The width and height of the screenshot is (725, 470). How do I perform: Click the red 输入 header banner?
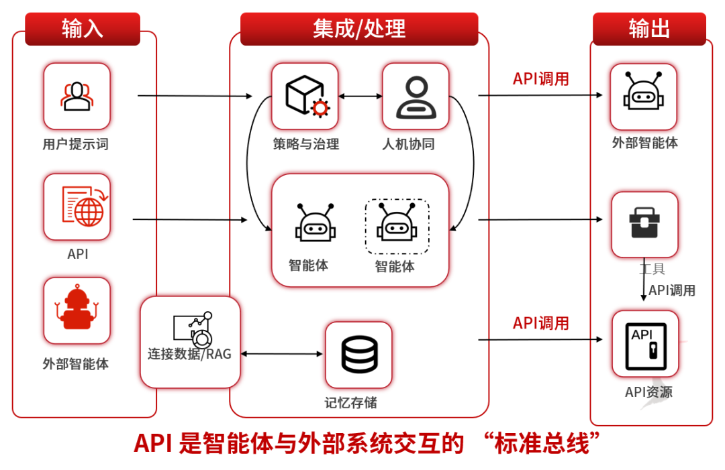point(83,29)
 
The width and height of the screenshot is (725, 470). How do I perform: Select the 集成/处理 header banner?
point(359,29)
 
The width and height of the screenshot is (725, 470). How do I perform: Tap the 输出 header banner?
point(649,29)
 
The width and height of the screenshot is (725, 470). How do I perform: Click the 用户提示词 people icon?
point(77,96)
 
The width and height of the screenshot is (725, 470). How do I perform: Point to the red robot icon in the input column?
point(77,310)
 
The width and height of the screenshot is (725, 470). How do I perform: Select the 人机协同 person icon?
point(416,97)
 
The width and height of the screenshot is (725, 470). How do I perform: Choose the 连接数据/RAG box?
point(190,342)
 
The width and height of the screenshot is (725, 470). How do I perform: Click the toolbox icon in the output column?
point(644,224)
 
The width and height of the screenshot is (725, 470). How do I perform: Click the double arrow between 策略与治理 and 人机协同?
point(360,97)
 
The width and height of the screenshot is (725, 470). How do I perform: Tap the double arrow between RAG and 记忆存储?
point(283,353)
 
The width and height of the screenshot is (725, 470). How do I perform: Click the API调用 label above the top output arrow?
point(541,78)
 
